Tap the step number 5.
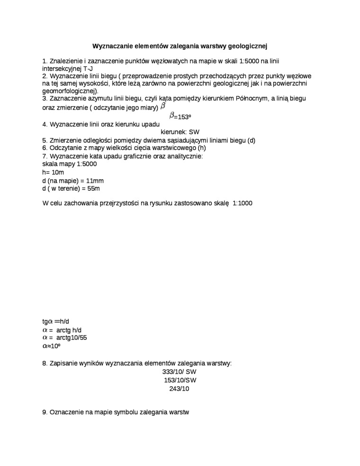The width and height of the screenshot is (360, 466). pos(45,141)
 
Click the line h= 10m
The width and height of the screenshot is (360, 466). pos(53,172)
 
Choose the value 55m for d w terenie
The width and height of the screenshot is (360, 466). pos(93,188)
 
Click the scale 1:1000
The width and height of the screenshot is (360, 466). pos(243,203)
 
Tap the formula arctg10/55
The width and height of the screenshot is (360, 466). pos(72,338)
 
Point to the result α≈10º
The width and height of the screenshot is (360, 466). pos(51,346)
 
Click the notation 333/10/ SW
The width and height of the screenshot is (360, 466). pos(179,372)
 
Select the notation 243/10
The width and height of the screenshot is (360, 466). pos(179,389)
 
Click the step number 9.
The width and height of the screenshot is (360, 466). pos(45,412)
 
